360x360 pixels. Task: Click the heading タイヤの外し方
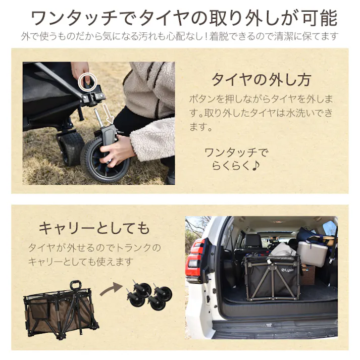point(261,80)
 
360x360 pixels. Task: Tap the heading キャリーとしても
point(94,228)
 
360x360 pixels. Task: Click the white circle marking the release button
point(89,79)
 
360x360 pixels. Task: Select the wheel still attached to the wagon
point(70,147)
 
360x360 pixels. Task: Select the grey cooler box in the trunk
point(312,253)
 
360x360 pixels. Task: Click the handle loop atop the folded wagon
point(76,285)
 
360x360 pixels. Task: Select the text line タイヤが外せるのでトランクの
point(94,248)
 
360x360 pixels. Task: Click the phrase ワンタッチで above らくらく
point(236,152)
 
